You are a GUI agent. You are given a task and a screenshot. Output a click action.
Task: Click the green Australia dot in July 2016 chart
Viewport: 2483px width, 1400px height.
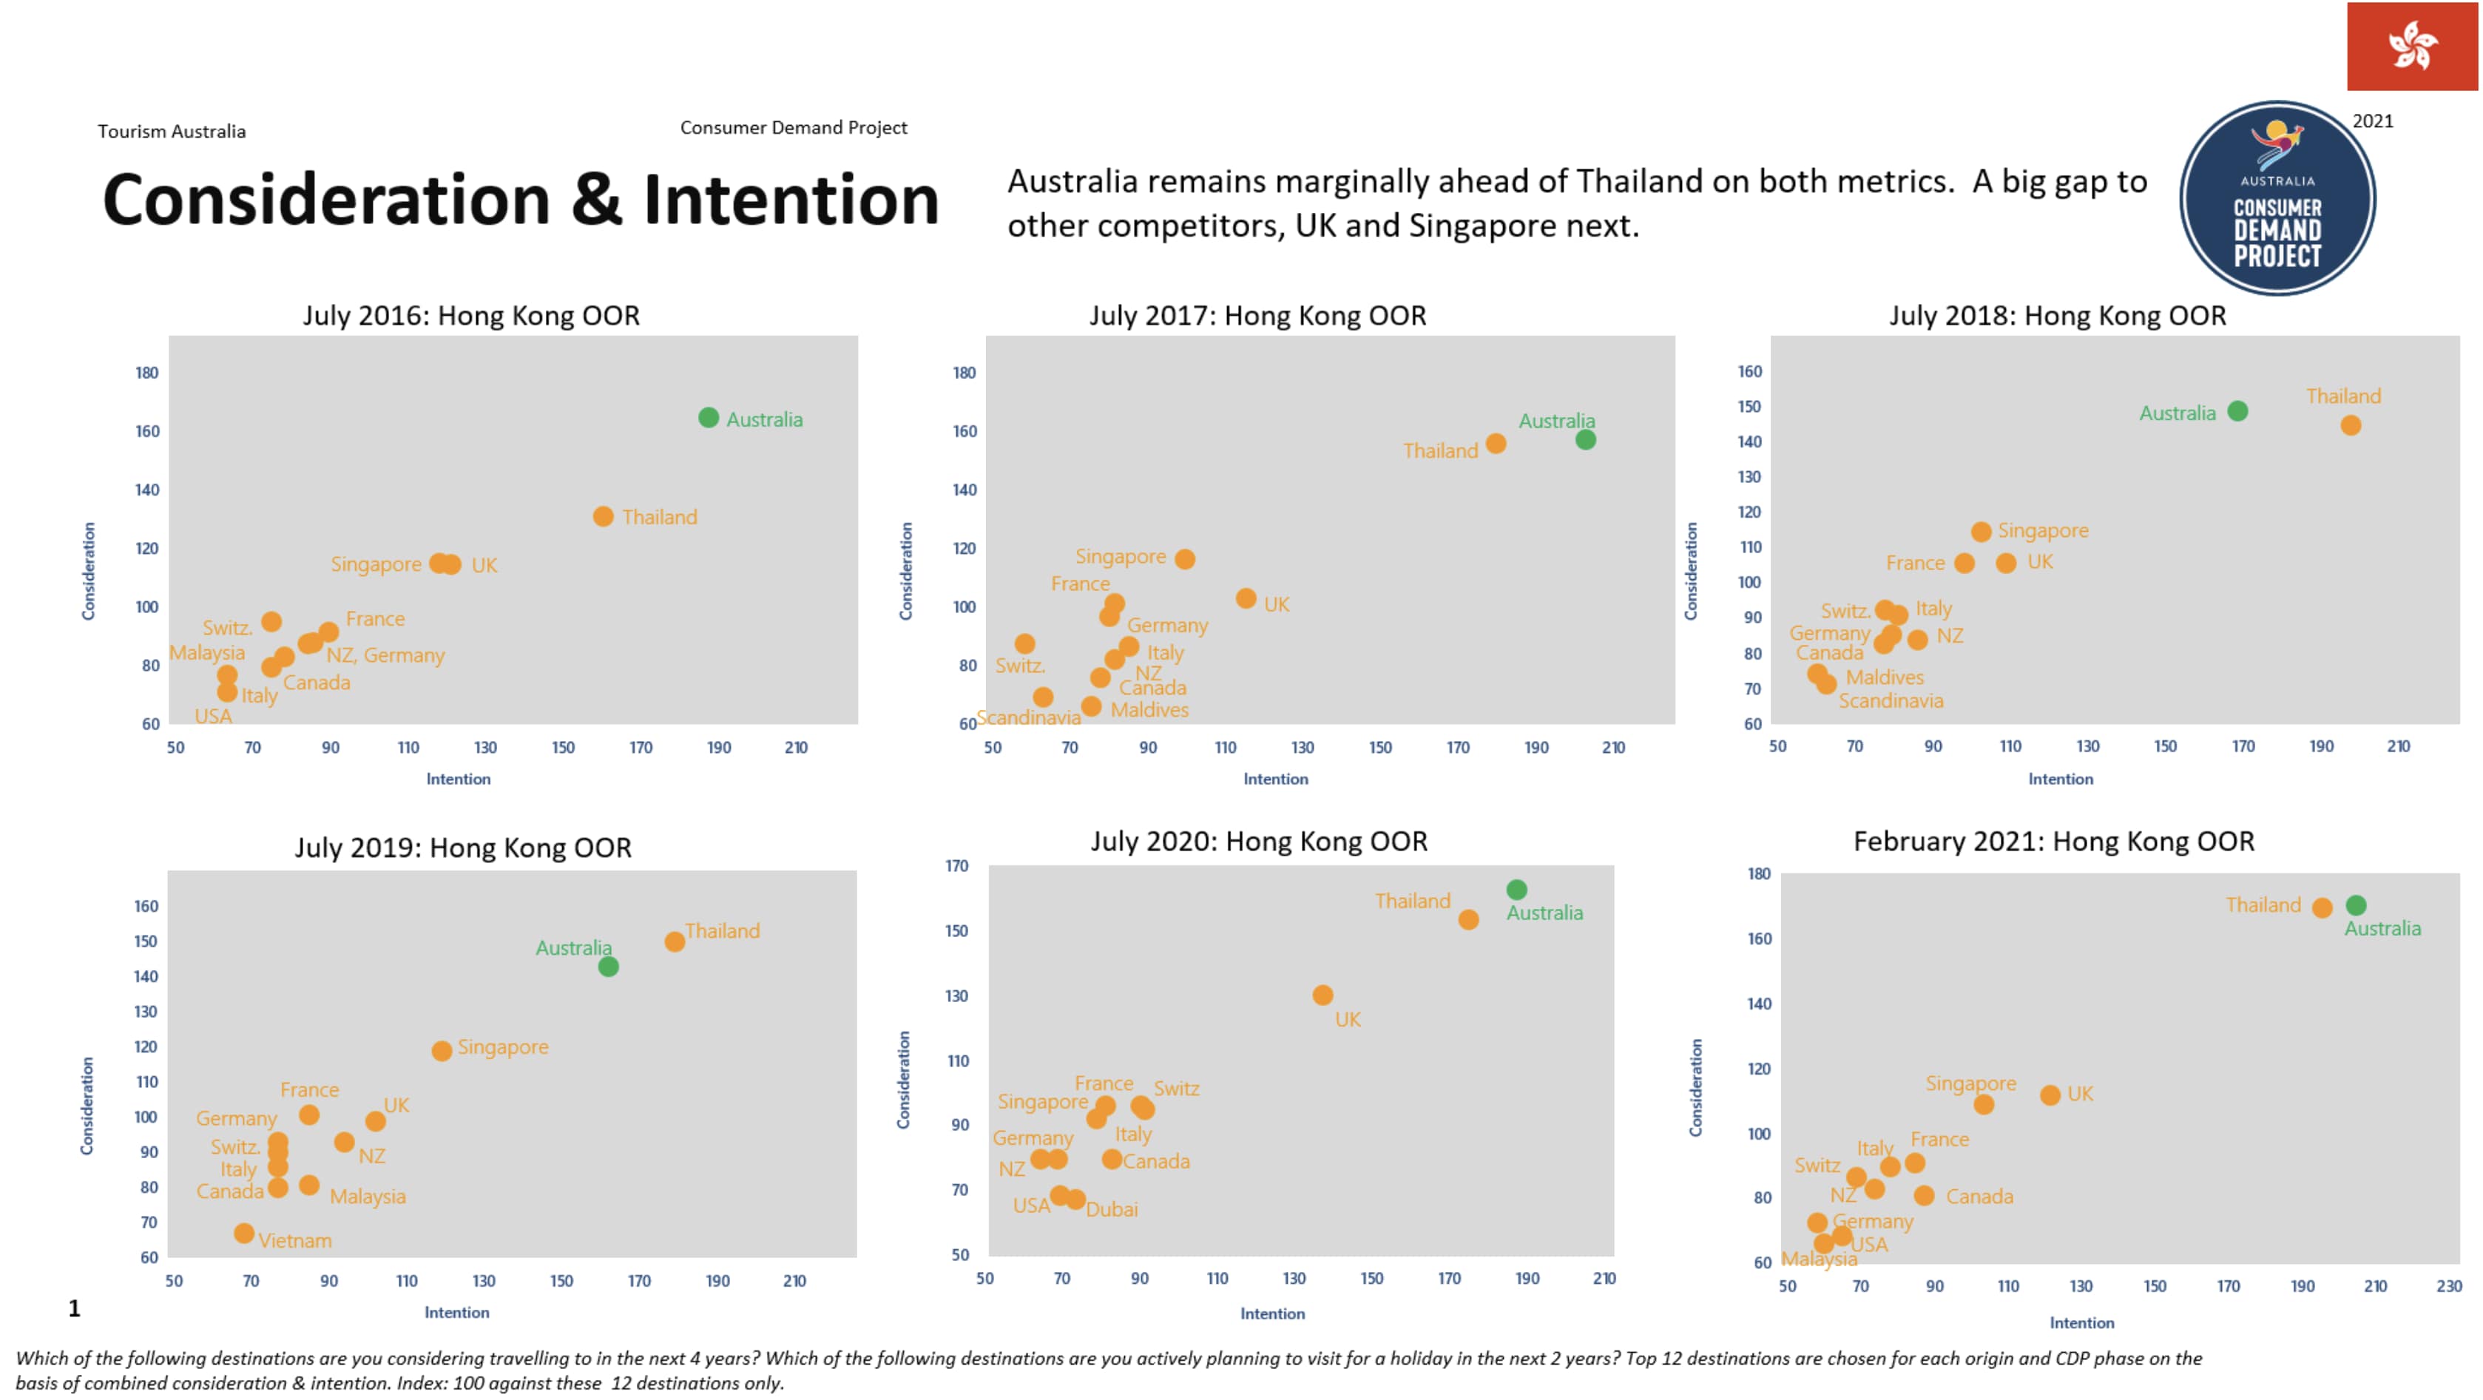(709, 417)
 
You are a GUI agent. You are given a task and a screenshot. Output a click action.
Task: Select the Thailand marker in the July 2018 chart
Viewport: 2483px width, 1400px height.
(2350, 425)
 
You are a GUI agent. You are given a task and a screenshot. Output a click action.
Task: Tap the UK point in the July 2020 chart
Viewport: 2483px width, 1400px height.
(1322, 995)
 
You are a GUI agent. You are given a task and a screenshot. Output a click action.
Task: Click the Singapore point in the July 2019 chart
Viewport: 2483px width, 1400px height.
(442, 1050)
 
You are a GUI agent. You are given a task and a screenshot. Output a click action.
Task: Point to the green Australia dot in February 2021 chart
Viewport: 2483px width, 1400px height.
(2356, 904)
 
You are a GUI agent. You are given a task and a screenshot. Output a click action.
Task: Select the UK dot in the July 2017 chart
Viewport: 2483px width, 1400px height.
(1246, 598)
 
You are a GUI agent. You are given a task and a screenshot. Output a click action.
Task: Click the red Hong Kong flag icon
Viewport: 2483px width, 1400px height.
(2412, 47)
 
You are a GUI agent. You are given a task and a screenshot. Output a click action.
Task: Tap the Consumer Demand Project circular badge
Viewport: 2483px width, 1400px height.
(2277, 198)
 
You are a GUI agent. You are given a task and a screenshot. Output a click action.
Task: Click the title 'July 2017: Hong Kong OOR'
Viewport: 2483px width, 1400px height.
(1257, 315)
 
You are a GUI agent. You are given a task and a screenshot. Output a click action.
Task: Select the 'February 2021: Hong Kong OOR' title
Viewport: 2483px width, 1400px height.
(2053, 841)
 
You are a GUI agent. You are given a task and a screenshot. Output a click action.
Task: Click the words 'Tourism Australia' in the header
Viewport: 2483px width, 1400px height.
(172, 131)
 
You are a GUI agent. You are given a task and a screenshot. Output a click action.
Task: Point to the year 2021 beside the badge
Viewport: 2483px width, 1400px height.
(2372, 121)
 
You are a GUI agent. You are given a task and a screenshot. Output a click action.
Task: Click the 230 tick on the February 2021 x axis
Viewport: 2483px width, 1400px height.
(2448, 1285)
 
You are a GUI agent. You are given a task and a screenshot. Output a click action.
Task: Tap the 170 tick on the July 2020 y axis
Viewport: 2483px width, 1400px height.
(956, 865)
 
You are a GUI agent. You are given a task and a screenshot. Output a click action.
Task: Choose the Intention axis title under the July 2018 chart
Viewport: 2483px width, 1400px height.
(2060, 779)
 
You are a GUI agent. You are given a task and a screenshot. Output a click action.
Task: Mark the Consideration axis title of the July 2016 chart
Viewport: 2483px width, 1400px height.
(89, 570)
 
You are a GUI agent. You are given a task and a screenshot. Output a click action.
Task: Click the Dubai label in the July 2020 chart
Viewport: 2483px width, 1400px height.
(1112, 1209)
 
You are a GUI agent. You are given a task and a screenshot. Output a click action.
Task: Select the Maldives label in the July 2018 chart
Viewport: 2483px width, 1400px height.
(1885, 677)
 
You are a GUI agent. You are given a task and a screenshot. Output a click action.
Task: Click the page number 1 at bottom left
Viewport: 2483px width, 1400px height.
(74, 1308)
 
